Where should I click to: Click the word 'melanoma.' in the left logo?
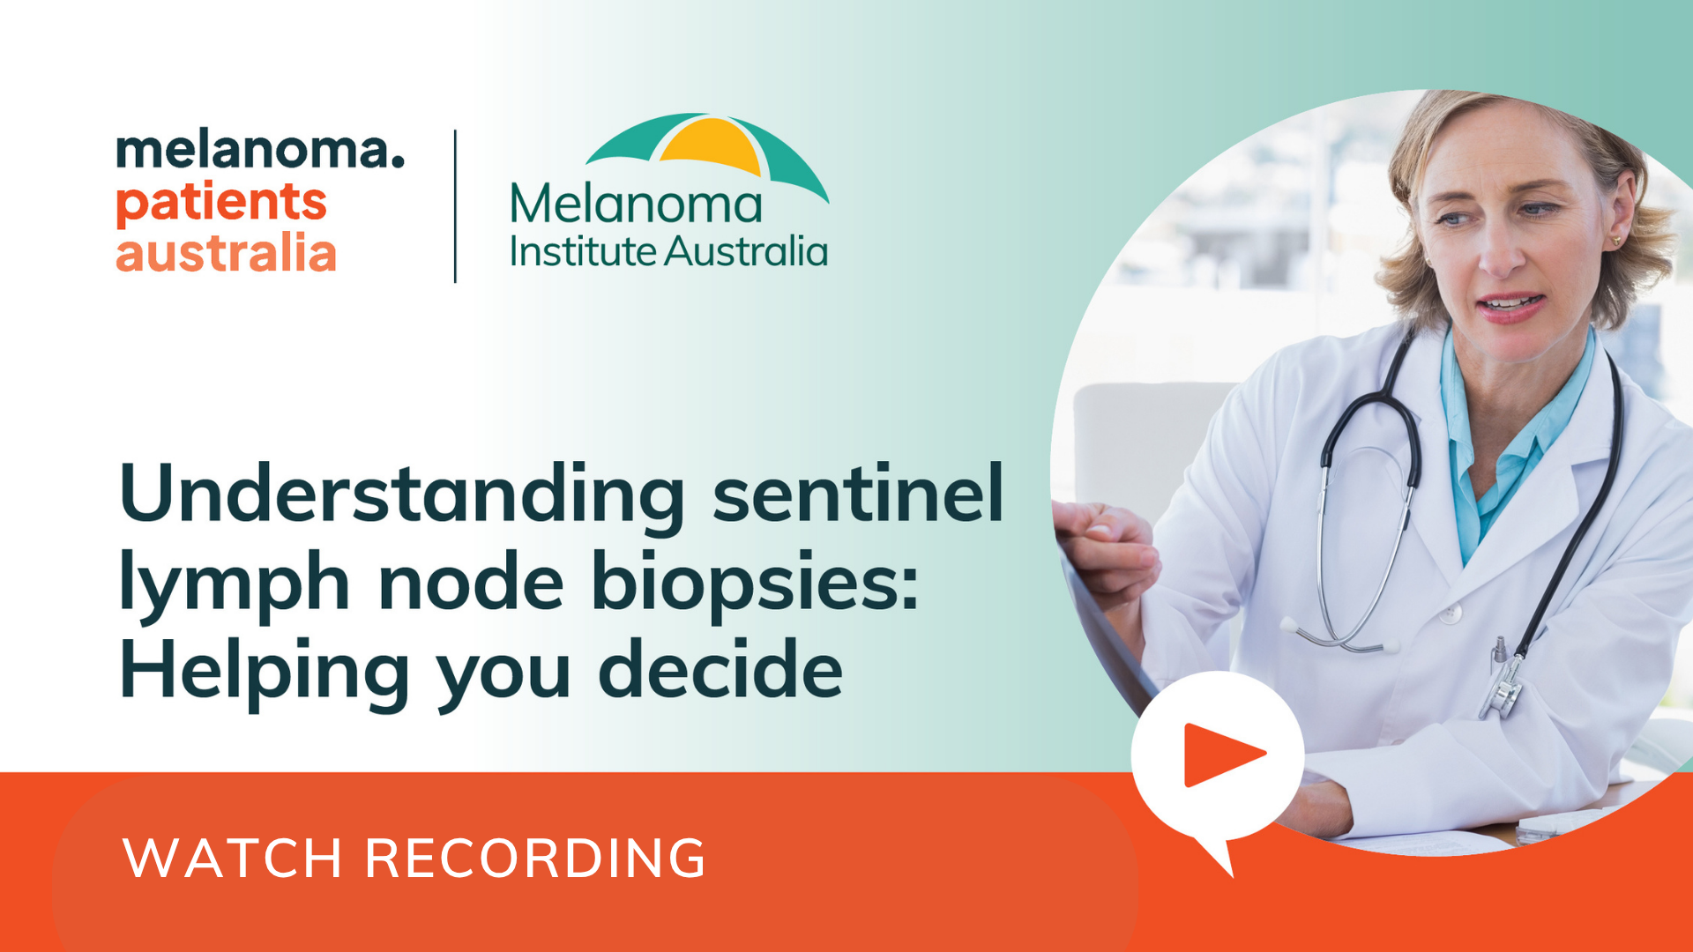(260, 150)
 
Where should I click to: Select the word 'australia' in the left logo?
(226, 253)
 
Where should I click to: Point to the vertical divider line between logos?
(455, 206)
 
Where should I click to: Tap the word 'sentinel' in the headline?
(858, 494)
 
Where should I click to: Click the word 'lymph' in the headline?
(235, 584)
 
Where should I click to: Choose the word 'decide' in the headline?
(720, 669)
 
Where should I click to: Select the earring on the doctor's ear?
(1617, 239)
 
